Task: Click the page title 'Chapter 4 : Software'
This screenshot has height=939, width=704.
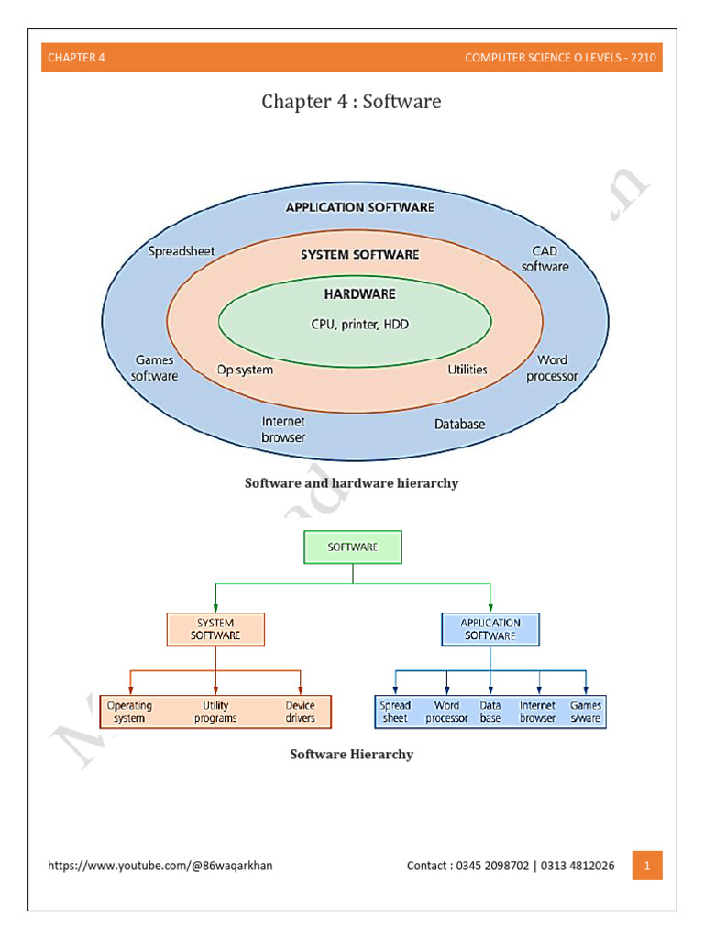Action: click(351, 101)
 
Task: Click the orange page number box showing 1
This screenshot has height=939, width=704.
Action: click(647, 866)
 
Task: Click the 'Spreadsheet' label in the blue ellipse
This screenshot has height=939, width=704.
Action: click(181, 250)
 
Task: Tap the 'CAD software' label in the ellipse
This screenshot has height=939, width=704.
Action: click(544, 259)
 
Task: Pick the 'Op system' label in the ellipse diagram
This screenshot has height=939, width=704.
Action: click(244, 370)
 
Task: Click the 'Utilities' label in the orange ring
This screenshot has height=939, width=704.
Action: click(467, 370)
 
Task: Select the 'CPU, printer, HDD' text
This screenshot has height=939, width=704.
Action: click(355, 324)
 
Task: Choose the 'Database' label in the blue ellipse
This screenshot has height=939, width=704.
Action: click(459, 425)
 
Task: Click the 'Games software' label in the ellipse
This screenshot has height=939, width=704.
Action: click(154, 368)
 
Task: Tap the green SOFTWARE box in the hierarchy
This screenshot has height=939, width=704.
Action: click(353, 547)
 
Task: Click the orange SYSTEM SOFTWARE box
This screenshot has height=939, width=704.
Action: click(215, 629)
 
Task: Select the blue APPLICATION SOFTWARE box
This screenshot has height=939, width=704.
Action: click(490, 629)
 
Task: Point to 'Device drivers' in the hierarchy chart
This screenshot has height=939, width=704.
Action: click(300, 712)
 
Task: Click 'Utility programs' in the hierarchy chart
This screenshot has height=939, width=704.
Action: click(215, 712)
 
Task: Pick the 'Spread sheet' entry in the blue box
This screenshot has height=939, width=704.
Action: click(395, 712)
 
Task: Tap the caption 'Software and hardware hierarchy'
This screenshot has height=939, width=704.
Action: click(351, 483)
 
